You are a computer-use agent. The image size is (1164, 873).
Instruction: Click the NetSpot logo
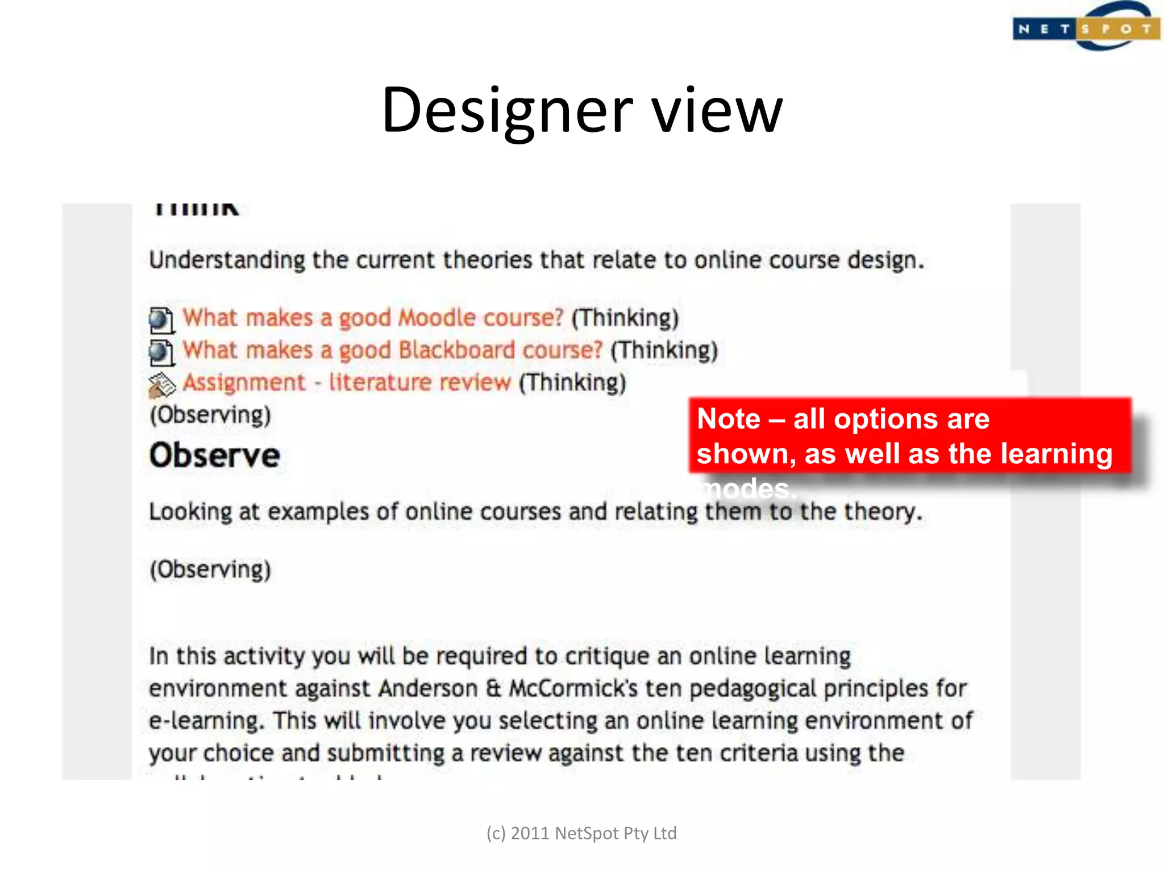[1085, 27]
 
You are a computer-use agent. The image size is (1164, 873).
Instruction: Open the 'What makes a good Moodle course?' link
[373, 318]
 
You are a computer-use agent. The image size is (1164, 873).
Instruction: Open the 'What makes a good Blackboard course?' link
[392, 350]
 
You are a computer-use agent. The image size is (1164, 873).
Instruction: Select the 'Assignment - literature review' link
[347, 383]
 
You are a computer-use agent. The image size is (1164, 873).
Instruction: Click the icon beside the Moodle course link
[161, 320]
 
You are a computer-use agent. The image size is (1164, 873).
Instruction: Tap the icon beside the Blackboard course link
[161, 352]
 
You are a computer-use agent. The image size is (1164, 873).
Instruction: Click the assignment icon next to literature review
[161, 385]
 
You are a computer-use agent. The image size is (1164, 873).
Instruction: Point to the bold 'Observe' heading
[215, 455]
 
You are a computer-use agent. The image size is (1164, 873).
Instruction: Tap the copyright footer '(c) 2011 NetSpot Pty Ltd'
[581, 833]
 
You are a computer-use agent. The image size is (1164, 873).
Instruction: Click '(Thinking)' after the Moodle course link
[625, 318]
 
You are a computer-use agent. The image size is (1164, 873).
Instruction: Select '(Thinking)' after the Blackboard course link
[664, 350]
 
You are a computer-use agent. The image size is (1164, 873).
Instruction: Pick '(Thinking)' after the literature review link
[572, 383]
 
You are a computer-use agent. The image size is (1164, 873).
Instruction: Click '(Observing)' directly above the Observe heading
[210, 415]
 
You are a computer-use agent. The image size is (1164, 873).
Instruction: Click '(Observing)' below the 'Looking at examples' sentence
[210, 569]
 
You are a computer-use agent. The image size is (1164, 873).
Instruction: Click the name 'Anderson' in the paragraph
[428, 689]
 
